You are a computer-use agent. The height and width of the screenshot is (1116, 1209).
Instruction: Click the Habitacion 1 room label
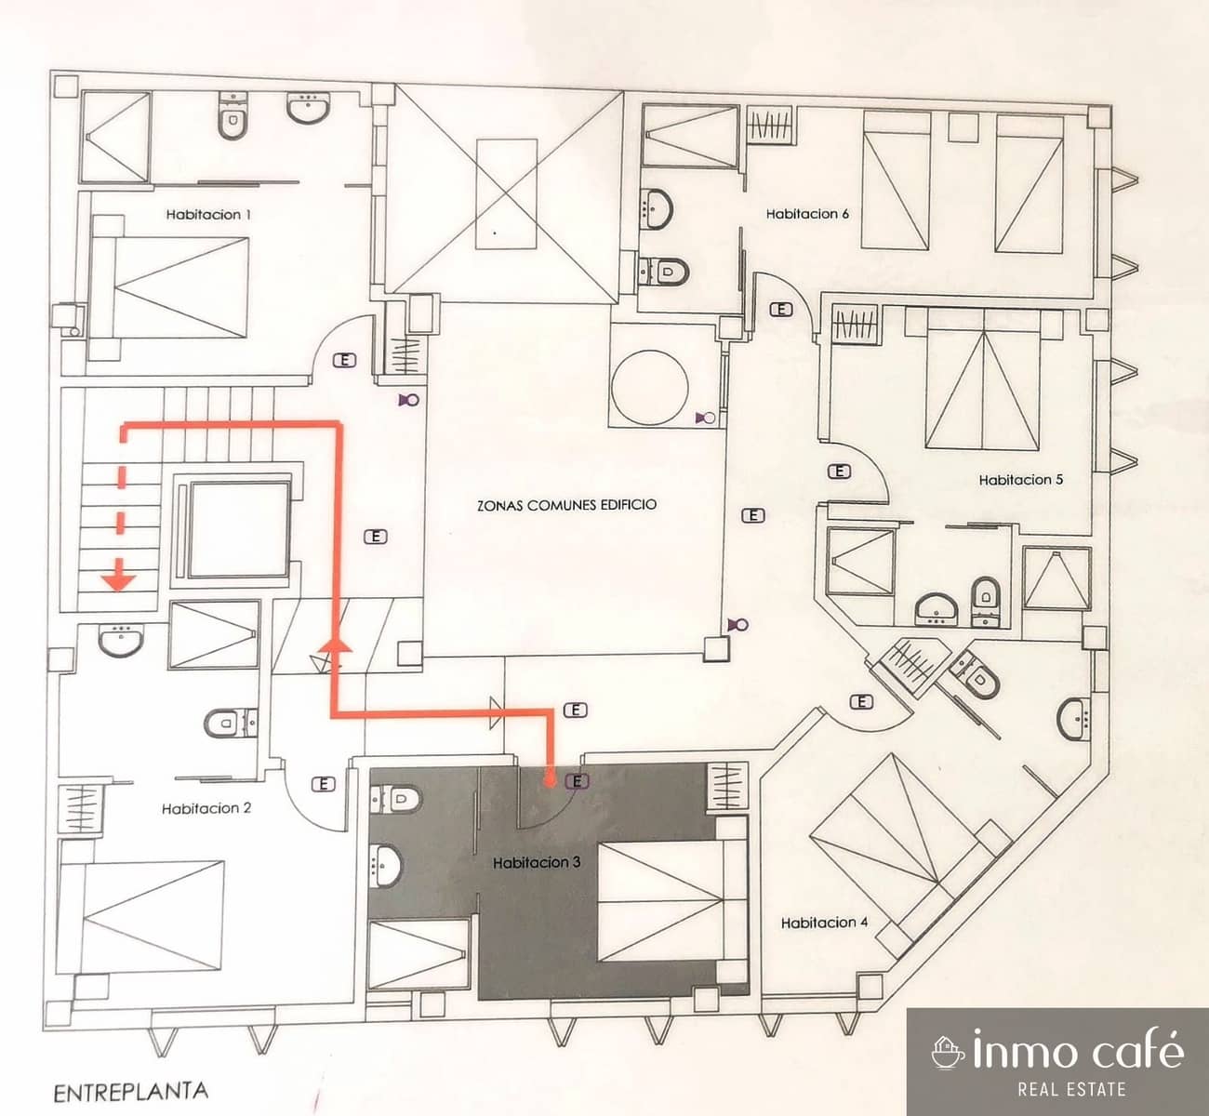(x=209, y=214)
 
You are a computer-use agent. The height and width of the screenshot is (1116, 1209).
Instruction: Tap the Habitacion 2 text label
(x=206, y=808)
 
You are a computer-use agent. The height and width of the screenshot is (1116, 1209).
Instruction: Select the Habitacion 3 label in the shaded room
(x=538, y=863)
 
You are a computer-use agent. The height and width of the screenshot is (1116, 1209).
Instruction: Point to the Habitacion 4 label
(x=824, y=923)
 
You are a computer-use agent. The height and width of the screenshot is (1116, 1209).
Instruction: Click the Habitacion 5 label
(x=1020, y=480)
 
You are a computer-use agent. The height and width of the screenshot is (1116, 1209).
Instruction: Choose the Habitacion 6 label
(x=807, y=213)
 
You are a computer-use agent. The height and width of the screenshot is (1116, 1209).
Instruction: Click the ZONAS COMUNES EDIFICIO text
(x=566, y=505)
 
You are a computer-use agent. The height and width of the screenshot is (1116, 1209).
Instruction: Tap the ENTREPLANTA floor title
(x=130, y=1091)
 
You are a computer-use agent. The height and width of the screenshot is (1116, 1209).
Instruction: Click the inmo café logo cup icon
(x=947, y=1051)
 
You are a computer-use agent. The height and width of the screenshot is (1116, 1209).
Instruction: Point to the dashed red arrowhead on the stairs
(x=118, y=582)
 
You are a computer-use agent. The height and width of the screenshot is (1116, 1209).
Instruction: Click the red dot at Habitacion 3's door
(x=551, y=781)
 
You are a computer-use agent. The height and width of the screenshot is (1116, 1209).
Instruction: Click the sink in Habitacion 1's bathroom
(x=306, y=110)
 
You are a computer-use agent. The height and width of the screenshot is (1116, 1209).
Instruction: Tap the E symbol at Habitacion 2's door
(x=325, y=783)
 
